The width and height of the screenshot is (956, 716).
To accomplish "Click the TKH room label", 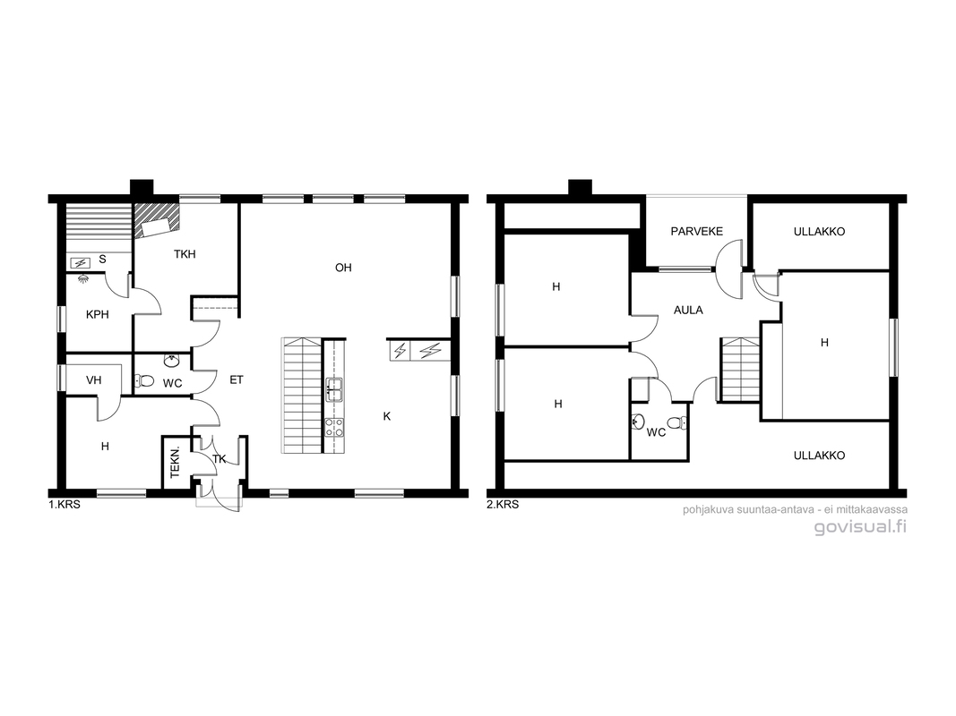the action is point(185,254).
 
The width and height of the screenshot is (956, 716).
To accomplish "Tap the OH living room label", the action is point(343,268).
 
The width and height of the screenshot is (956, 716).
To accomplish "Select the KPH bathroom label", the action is point(98,315).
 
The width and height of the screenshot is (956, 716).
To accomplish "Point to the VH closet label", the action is point(93,380).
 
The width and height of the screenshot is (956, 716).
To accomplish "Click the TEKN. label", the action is point(175,462).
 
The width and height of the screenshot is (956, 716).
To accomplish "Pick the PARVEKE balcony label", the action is point(697,232).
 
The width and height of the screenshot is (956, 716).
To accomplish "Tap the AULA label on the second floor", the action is point(688,310).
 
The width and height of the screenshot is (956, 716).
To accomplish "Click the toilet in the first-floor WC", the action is point(144,381).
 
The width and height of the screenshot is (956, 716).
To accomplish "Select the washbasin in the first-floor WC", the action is point(172,362).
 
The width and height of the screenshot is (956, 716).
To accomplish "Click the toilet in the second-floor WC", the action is point(677,422).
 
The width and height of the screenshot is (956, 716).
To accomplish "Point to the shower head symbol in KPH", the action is point(83,278).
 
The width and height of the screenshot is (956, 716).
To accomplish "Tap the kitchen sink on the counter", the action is point(333,390).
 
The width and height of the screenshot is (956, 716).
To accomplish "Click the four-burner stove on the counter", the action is point(333,427).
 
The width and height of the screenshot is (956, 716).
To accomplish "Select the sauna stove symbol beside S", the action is point(81,263).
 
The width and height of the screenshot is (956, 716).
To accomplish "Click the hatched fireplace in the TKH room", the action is point(157,220).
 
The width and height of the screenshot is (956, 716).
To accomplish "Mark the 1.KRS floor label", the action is point(65,505).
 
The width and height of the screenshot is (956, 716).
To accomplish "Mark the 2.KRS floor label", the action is point(503,505).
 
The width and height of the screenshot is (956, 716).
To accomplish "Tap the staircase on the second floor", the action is point(739,370).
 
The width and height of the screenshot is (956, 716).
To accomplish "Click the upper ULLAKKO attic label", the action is point(820,232).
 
